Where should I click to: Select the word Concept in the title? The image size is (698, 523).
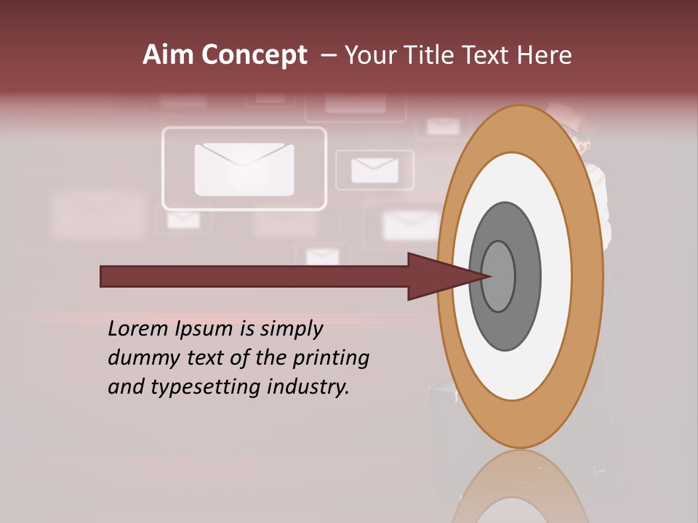(x=254, y=56)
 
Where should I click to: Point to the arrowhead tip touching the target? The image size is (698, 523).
(x=489, y=276)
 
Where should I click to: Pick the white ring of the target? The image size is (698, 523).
(x=520, y=370)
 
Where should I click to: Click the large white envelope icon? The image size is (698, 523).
(x=244, y=169)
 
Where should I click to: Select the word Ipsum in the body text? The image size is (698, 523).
(x=202, y=330)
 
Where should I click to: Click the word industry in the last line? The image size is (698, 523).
(x=308, y=387)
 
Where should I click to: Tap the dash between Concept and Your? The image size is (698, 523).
(x=328, y=56)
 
